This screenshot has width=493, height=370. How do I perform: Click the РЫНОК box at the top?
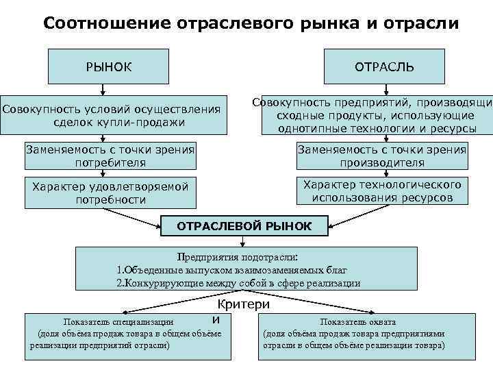click(109, 67)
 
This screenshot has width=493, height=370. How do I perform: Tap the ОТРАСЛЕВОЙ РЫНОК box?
click(244, 226)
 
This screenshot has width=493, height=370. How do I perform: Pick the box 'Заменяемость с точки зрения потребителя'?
click(110, 156)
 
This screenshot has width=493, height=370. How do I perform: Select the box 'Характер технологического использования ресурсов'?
click(383, 191)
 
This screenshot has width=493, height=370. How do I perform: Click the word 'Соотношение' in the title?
click(105, 23)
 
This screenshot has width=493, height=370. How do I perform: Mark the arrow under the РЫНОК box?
click(103, 88)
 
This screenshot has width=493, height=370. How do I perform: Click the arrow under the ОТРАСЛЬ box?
click(384, 88)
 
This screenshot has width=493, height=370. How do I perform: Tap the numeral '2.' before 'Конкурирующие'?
click(121, 283)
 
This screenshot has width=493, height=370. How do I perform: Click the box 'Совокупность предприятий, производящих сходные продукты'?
click(373, 115)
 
